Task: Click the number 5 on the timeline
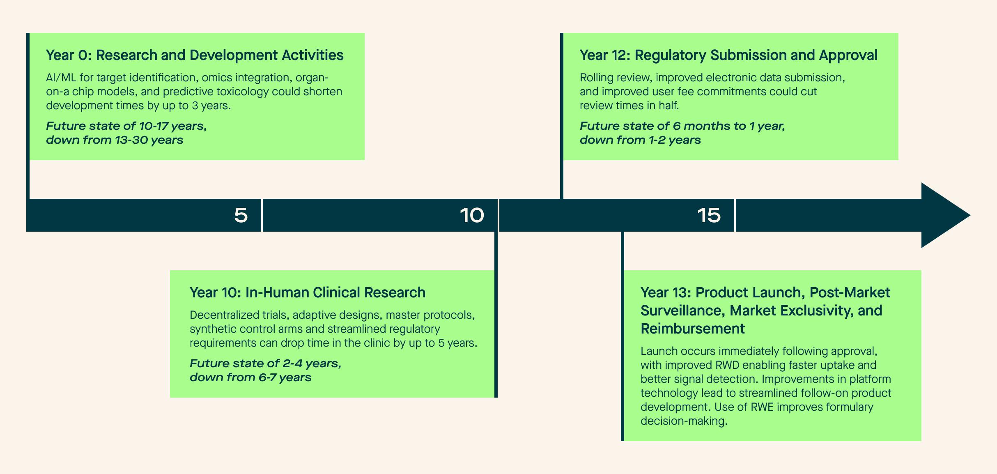(x=241, y=215)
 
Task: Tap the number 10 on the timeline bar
(x=472, y=215)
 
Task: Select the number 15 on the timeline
(x=709, y=215)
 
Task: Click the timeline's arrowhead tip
(x=970, y=215)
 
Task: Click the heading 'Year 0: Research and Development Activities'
(x=195, y=55)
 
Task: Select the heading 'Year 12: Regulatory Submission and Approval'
(x=728, y=55)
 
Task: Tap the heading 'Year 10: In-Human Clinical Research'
(x=308, y=292)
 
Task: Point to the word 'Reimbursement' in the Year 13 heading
(x=693, y=329)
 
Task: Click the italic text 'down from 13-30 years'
(x=115, y=140)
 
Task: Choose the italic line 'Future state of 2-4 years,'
(x=266, y=364)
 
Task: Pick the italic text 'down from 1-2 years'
(x=640, y=140)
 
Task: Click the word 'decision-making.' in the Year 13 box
(x=684, y=421)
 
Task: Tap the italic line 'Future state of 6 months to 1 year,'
(x=682, y=126)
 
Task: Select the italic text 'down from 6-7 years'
(x=250, y=377)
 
